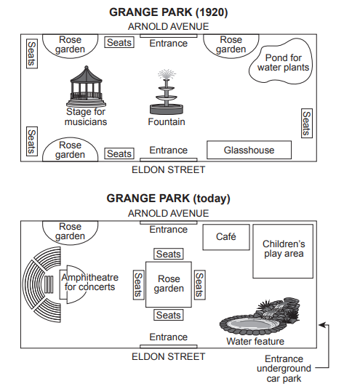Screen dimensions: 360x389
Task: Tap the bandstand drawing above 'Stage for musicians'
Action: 86,87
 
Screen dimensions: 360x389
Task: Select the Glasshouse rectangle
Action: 249,150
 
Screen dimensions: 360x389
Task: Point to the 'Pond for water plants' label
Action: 283,63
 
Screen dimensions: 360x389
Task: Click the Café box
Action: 226,237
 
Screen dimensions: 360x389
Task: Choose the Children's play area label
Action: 284,249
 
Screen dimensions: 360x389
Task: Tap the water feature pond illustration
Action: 260,317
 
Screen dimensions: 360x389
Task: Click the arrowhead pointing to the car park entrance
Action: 322,325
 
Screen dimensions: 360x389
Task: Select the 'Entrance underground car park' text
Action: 284,369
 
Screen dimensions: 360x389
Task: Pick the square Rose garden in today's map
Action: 169,284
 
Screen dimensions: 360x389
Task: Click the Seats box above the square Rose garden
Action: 169,254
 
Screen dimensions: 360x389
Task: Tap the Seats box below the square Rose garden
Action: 169,315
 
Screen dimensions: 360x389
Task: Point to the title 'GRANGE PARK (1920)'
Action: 169,12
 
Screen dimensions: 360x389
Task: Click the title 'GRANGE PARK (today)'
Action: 169,198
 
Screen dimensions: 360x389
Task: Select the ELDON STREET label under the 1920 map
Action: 169,170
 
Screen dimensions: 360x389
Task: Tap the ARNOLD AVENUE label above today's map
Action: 169,213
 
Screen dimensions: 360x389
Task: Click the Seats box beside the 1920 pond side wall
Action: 307,123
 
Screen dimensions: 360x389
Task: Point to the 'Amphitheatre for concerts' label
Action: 89,282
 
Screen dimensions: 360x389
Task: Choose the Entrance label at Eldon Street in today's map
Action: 169,337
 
